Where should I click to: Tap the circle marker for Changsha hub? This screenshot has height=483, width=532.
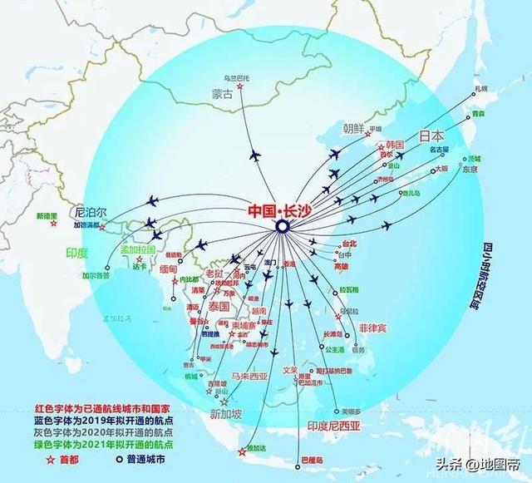[282, 226]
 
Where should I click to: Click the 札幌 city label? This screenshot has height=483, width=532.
[480, 88]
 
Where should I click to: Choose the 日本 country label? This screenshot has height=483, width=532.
[431, 136]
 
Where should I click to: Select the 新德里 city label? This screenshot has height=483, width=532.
[49, 216]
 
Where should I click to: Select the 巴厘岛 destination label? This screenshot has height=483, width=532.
[313, 459]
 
